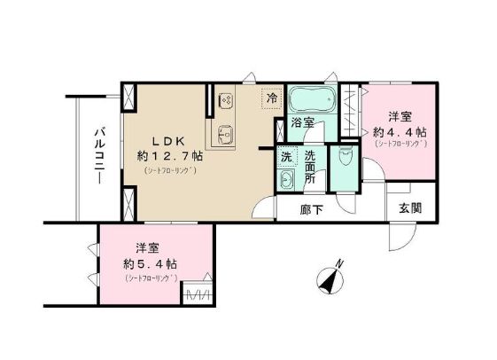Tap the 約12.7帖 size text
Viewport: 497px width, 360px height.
[170, 155]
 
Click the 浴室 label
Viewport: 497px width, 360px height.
[304, 123]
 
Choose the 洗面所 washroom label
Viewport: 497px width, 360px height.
[311, 166]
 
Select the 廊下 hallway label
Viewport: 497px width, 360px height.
[310, 209]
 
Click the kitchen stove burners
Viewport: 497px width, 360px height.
[224, 99]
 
